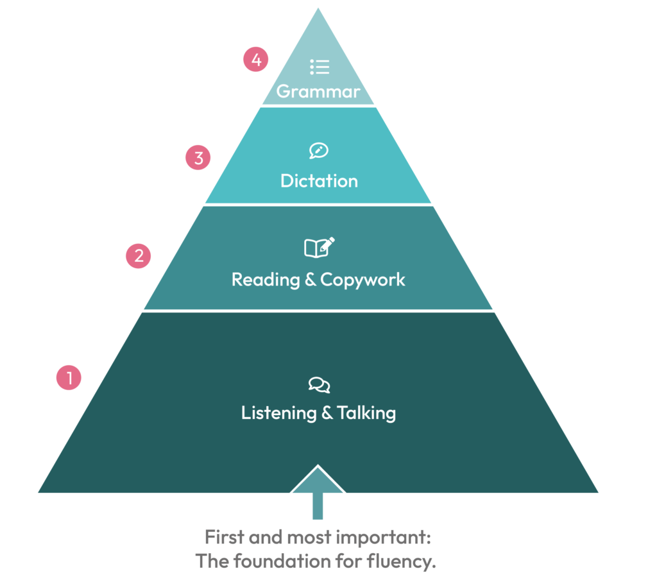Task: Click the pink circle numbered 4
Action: pos(255,59)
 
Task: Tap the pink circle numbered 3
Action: pos(198,158)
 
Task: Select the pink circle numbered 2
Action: pos(139,255)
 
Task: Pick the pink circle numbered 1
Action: pos(69,377)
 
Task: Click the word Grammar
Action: pos(318,91)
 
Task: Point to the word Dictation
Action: pos(319,181)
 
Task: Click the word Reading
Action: pos(266,280)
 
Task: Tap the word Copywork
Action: pos(363,280)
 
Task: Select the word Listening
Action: pos(278,413)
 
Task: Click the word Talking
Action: pos(366,413)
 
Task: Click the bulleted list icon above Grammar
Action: pos(320,67)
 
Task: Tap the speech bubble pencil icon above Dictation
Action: pos(318,151)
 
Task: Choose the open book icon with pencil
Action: pos(320,247)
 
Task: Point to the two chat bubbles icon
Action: pos(320,385)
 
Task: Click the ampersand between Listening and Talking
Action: pos(327,413)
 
